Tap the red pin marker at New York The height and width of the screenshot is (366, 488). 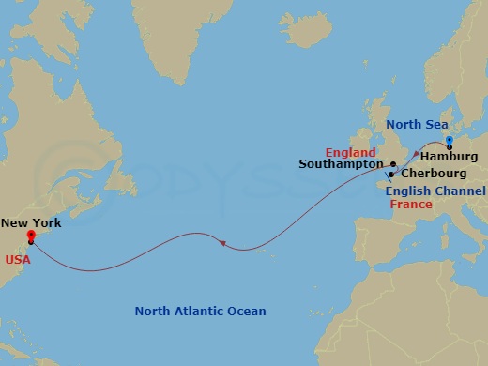[31, 236]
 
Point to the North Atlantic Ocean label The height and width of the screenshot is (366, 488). [200, 312]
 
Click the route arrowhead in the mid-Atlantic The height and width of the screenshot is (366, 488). [222, 244]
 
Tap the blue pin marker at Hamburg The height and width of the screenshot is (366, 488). [450, 142]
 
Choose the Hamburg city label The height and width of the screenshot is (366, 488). [450, 156]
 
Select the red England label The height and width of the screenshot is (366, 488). [350, 152]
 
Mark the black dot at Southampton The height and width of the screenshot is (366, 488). [393, 165]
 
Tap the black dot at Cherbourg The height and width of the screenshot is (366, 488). [390, 175]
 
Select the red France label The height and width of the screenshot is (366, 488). [410, 203]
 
